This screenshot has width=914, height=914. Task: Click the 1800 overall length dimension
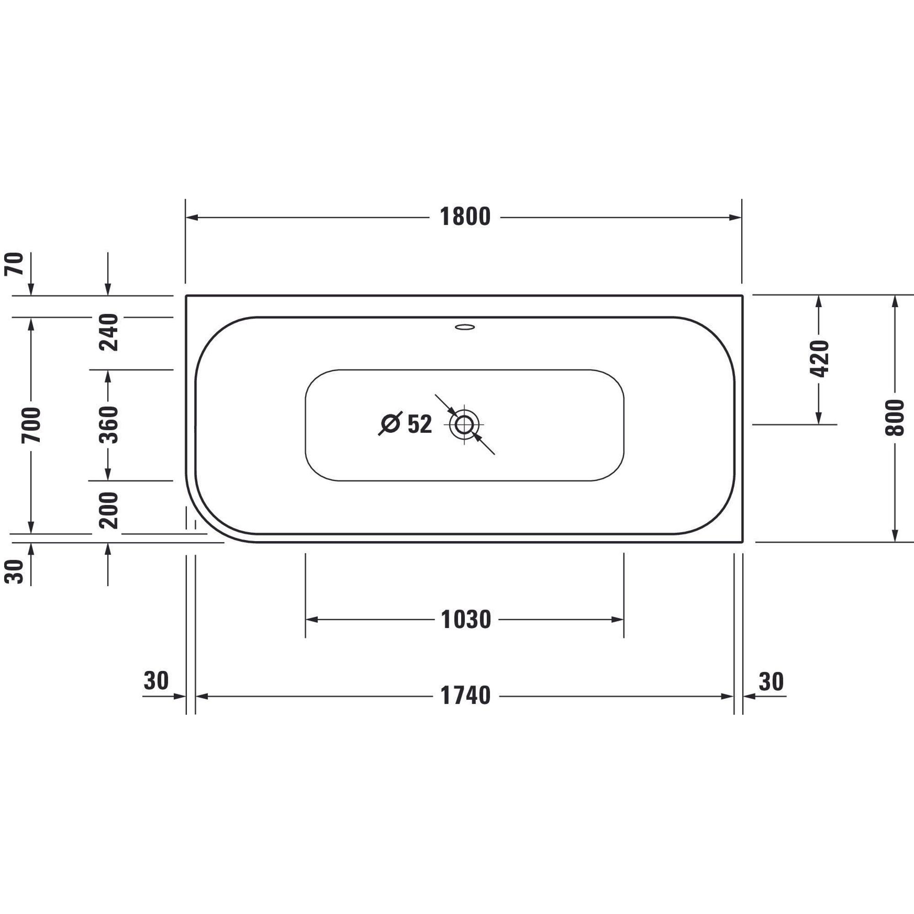[x=465, y=217]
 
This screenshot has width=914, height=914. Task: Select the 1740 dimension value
[x=465, y=696]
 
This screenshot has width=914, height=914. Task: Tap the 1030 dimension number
[x=466, y=620]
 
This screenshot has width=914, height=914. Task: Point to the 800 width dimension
[x=893, y=418]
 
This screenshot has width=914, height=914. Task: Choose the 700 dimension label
[x=32, y=425]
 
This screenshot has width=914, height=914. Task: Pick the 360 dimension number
[x=108, y=425]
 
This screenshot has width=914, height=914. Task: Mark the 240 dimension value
[x=108, y=332]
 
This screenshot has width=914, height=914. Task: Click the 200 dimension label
[x=108, y=510]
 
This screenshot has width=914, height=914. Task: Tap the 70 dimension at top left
[x=14, y=264]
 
